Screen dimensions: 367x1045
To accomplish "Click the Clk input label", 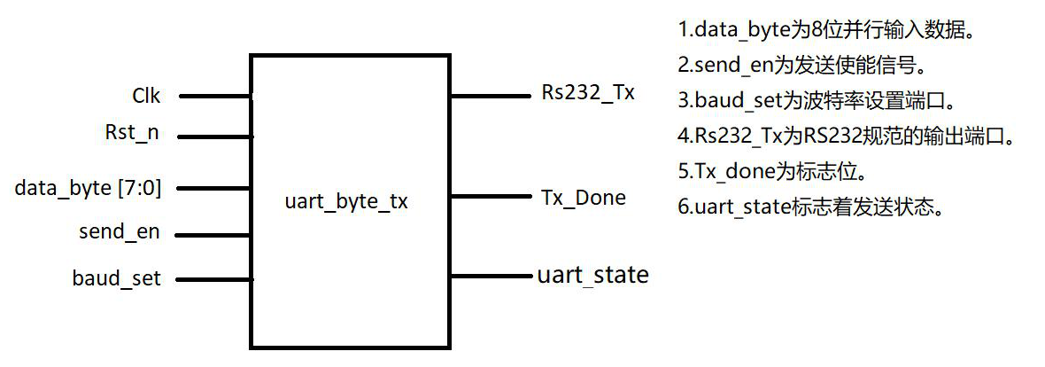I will click(146, 95).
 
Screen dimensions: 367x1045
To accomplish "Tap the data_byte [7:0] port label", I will click(88, 188).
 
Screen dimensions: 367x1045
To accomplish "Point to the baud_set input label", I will click(116, 279).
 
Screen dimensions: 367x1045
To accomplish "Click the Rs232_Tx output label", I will click(588, 93).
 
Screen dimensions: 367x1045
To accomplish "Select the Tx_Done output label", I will click(583, 197).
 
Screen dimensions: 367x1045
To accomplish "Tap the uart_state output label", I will click(592, 275).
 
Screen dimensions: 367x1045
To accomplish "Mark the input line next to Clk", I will click(215, 96).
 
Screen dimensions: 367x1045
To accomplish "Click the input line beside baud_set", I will click(213, 279).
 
